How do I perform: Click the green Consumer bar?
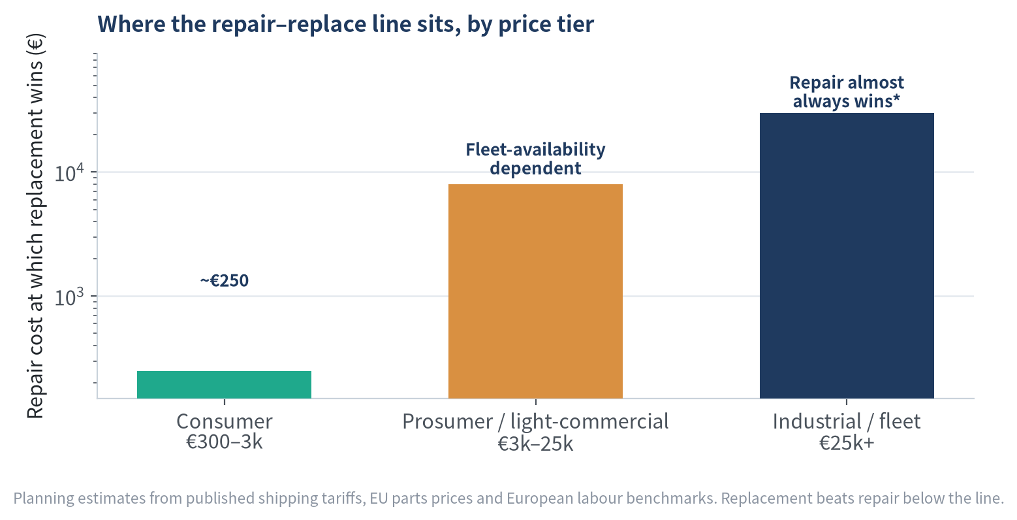pos(225,385)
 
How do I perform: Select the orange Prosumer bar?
pos(535,291)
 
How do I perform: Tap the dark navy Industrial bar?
pos(847,256)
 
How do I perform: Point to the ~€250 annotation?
pos(225,280)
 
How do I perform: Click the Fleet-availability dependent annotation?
pos(535,159)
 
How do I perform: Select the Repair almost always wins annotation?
pos(847,92)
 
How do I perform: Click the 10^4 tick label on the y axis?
pos(69,172)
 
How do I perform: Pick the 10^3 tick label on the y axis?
pos(69,297)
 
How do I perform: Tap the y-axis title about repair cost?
pos(35,226)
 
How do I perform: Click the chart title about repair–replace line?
pos(345,24)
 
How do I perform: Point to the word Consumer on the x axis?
pos(225,421)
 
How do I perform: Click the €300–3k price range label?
pos(225,442)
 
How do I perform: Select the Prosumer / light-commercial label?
pos(535,422)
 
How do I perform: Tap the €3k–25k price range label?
pos(535,444)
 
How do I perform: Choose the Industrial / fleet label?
pos(847,422)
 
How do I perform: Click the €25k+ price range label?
pos(847,443)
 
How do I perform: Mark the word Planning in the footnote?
pos(44,498)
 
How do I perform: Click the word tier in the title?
pos(575,24)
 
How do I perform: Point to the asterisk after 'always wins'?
pos(896,98)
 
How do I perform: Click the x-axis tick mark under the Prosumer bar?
pos(536,401)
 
